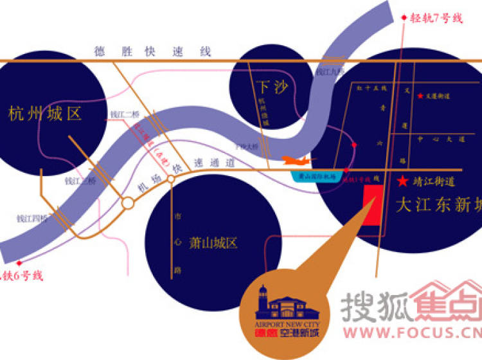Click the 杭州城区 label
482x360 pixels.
pos(44,115)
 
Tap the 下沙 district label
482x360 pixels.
pos(271,86)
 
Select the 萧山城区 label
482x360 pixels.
pos(213,243)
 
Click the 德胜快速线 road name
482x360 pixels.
pos(153,51)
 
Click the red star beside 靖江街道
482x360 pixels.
pos(403,181)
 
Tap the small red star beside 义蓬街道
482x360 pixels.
pos(420,96)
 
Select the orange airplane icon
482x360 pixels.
pos(298,160)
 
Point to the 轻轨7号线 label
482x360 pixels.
pos(436,18)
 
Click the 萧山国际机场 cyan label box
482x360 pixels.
pos(314,175)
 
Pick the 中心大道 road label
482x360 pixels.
pos(440,138)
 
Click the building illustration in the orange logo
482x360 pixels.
pos(282,302)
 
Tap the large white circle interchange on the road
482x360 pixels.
pos(128,203)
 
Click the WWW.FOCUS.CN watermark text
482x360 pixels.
pos(411,333)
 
